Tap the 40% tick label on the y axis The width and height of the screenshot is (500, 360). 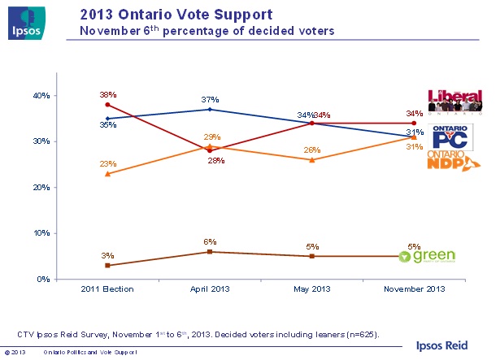point(41,95)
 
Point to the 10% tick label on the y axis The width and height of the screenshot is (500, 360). point(41,233)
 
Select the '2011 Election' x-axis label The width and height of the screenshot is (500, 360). point(108,288)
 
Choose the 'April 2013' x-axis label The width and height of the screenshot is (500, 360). point(210,288)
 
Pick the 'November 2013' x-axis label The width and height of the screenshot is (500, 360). point(415,288)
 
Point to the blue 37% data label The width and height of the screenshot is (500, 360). point(210,99)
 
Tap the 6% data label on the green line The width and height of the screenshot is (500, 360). point(210,241)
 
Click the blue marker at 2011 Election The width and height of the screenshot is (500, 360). point(108,118)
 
